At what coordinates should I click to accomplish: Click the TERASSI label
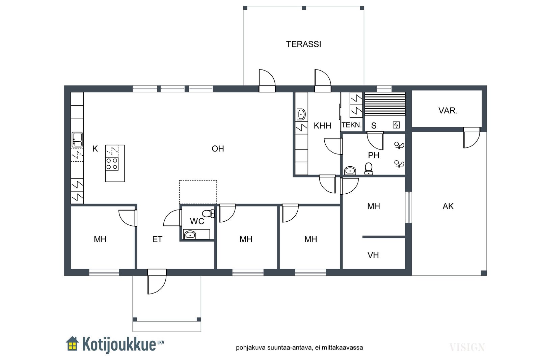coord(303,44)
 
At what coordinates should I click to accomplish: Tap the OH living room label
coord(218,149)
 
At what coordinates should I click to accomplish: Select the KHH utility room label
coord(322,126)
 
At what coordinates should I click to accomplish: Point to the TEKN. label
coord(352,125)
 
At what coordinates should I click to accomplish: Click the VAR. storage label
coord(448,111)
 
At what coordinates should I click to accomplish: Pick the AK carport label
coord(448,206)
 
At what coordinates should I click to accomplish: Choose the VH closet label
coord(373,255)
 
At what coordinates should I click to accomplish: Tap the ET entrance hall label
coord(157,239)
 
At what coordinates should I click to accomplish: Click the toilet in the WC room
coord(209,214)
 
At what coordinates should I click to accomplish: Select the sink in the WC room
coord(190,234)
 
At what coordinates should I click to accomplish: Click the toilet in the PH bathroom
coord(369,169)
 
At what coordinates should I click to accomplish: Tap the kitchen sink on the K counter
coord(77,140)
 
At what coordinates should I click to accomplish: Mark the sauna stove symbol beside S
coord(396,125)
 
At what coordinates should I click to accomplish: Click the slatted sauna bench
coord(385,104)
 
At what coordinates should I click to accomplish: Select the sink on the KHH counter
coord(301,114)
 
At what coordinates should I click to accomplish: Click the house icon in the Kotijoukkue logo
coord(72,343)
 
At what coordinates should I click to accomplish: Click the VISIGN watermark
coord(467,348)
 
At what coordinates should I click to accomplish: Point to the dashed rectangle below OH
coord(198,192)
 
